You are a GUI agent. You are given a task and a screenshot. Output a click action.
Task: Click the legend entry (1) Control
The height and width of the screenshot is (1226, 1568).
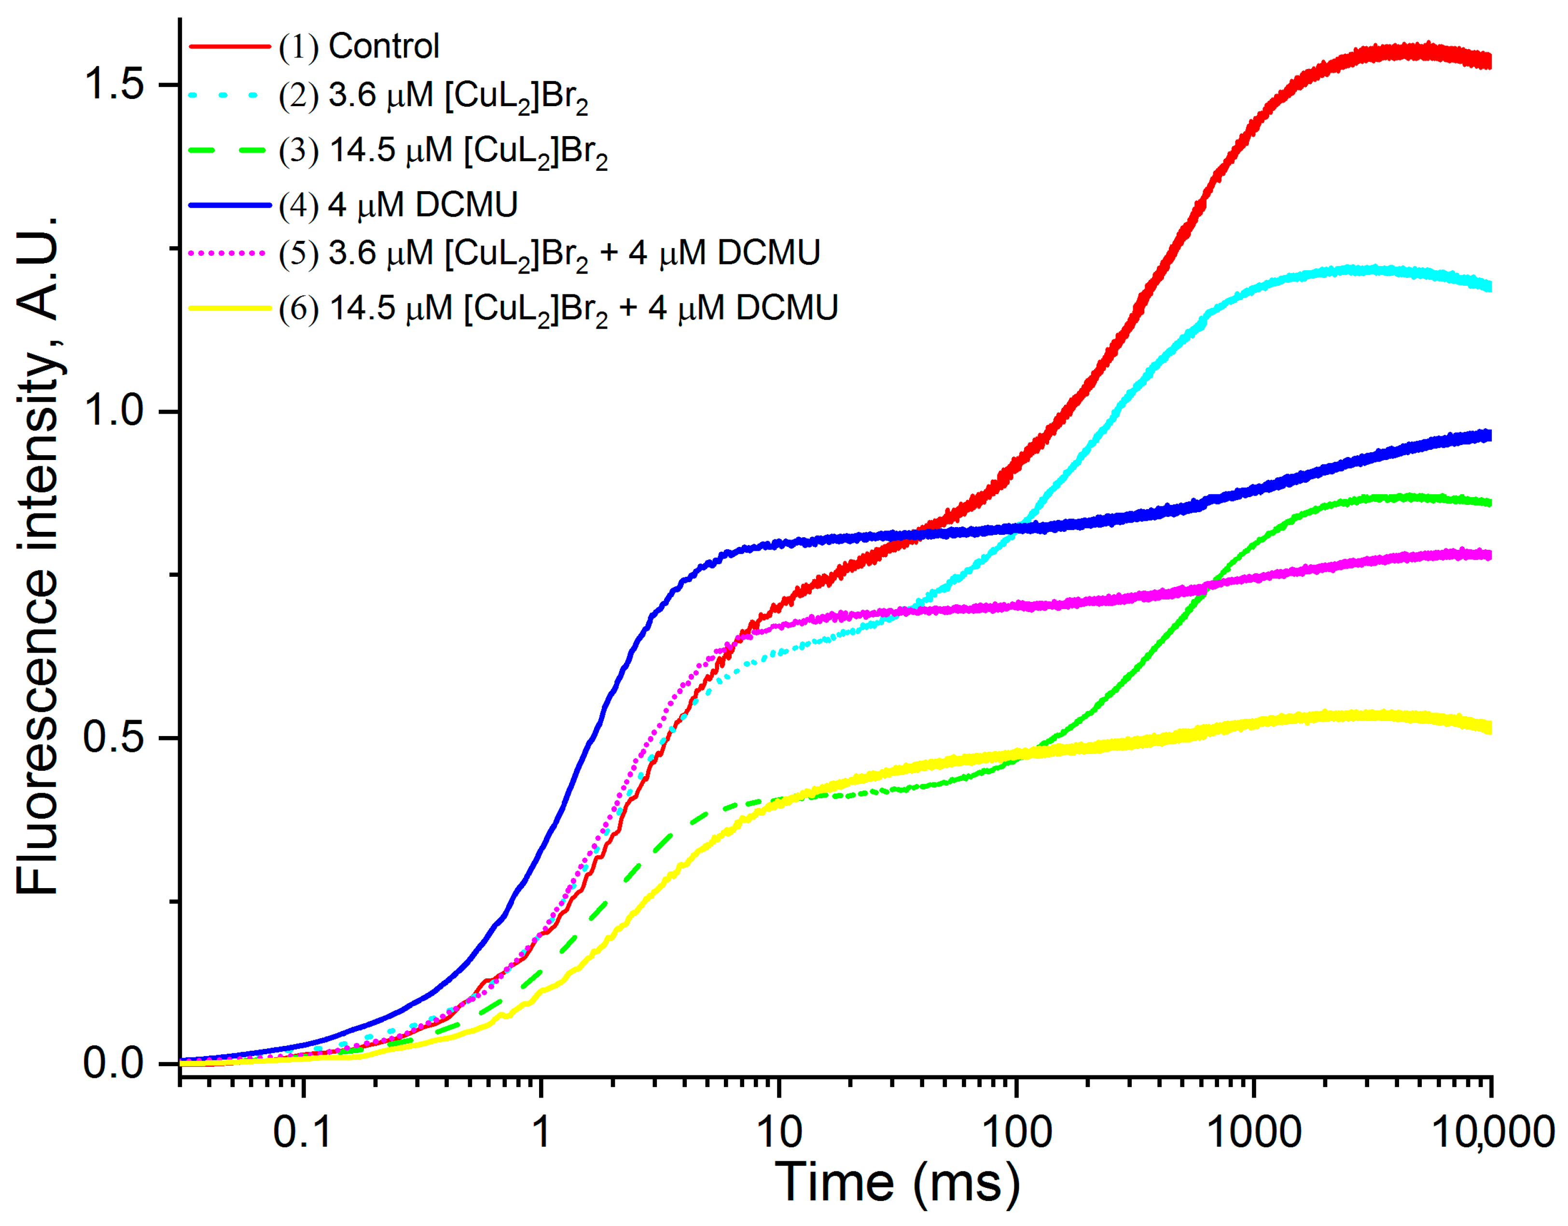359,47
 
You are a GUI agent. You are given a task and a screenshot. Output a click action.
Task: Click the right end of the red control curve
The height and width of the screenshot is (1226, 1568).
1489,61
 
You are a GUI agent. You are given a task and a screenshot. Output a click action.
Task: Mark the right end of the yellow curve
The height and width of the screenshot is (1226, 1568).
1489,727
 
